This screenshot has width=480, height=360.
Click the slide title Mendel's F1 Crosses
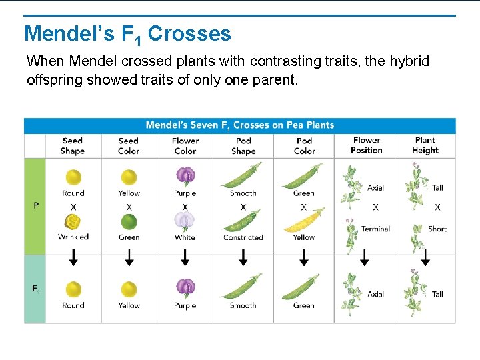127,34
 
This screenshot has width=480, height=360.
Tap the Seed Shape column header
73,145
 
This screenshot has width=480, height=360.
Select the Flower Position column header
367,145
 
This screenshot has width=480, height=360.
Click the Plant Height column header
425,145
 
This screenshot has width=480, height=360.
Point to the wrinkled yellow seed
73,222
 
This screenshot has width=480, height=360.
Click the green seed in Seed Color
129,222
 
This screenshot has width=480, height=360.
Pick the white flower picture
185,220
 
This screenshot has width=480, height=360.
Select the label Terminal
375,229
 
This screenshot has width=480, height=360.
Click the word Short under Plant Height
437,229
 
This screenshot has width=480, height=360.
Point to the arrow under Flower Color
185,257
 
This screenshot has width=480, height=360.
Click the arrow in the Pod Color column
304,257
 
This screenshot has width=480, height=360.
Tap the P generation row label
36,206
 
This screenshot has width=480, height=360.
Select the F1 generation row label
35,289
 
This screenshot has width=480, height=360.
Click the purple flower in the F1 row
185,287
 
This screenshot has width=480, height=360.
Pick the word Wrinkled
73,237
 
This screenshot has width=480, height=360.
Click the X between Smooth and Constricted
243,207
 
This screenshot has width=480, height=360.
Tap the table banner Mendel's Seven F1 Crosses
240,125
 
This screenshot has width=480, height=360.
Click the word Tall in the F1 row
437,294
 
